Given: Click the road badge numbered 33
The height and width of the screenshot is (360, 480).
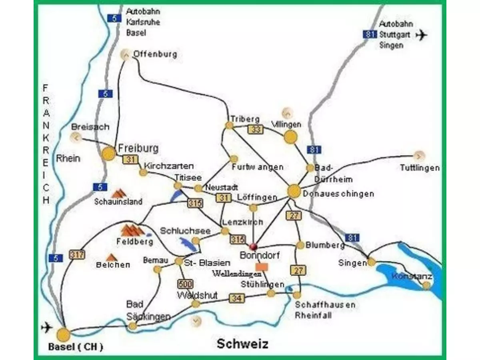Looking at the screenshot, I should [256, 129].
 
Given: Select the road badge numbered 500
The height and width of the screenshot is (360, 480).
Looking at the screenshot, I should [185, 284].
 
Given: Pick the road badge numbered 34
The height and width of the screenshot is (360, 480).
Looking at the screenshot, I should [236, 298].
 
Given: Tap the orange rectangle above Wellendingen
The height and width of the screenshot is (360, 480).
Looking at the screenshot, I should [262, 266].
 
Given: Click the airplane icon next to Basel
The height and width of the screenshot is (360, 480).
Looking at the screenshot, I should [47, 328].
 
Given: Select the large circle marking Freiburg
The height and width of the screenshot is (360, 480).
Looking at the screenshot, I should [108, 154].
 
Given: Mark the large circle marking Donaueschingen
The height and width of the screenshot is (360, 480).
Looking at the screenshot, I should [294, 191].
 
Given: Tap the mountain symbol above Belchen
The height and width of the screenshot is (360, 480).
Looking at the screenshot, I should [112, 257].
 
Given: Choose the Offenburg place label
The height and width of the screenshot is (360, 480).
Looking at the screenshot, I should [155, 54].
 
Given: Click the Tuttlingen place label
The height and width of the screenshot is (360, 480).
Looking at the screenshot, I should [420, 168].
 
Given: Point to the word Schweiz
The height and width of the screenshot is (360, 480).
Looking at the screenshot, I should [242, 344].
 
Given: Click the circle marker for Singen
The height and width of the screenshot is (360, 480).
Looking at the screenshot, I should [372, 262].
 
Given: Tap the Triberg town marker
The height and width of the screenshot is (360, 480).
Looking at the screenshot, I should [229, 125].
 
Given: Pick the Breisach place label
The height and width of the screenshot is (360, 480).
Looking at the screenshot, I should [90, 127].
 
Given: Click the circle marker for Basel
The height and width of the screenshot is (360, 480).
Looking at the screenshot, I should [63, 335].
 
